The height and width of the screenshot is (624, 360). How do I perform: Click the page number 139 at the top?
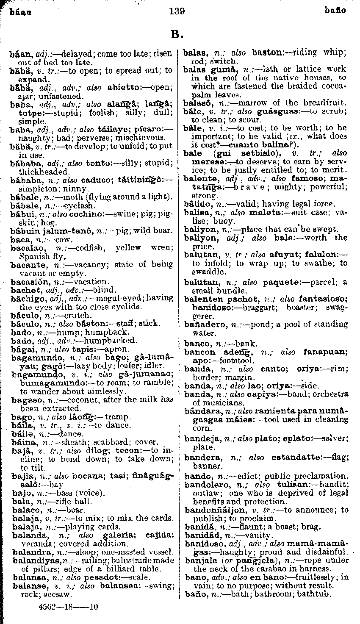[176, 11]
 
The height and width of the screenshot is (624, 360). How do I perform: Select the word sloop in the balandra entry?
[80, 552]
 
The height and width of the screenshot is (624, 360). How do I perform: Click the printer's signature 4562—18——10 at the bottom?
[68, 606]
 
